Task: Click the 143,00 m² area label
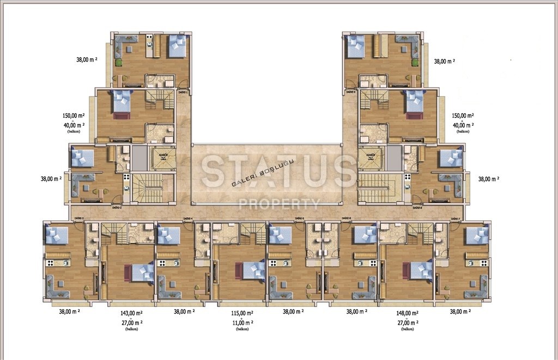pyautogui.click(x=131, y=314)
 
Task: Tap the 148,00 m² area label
pyautogui.click(x=408, y=314)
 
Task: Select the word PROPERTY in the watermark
pyautogui.click(x=280, y=204)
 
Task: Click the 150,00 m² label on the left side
pyautogui.click(x=74, y=116)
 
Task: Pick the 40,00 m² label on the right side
pyautogui.click(x=463, y=125)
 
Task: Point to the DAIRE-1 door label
pyautogui.click(x=184, y=93)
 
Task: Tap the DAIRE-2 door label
pyautogui.click(x=117, y=208)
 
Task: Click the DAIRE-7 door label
pyautogui.click(x=456, y=219)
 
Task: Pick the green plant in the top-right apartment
pyautogui.click(x=415, y=63)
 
